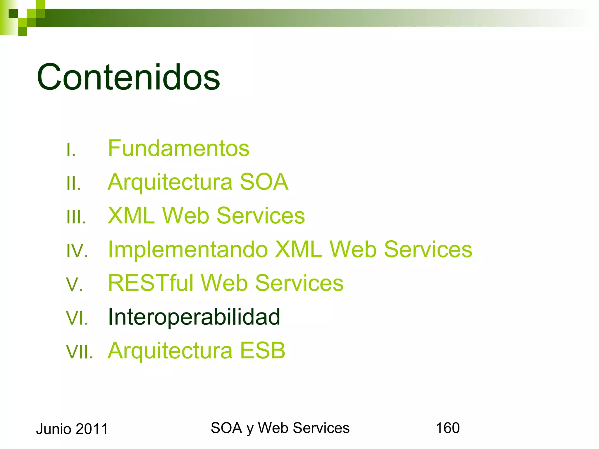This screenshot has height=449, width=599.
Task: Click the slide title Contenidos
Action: pyautogui.click(x=128, y=77)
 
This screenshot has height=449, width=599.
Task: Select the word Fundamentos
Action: pyautogui.click(x=178, y=148)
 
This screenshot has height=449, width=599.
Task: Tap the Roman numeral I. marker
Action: pyautogui.click(x=71, y=150)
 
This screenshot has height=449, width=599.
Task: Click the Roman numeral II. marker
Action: pyautogui.click(x=73, y=184)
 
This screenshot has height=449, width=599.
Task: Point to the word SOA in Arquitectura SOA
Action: pyautogui.click(x=264, y=182)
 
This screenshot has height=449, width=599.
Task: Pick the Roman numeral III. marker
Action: pyautogui.click(x=76, y=217)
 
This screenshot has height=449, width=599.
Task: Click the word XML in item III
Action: pyautogui.click(x=131, y=216)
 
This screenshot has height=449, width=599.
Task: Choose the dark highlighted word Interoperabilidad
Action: pyautogui.click(x=194, y=317)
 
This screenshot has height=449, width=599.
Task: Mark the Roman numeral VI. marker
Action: pyautogui.click(x=77, y=318)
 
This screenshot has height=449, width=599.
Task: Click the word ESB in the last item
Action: pyautogui.click(x=262, y=350)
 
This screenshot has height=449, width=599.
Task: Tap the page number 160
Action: pyautogui.click(x=447, y=428)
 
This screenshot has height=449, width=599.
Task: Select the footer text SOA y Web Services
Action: pyautogui.click(x=280, y=428)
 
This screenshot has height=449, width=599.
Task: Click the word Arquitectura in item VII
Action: pyautogui.click(x=170, y=350)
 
